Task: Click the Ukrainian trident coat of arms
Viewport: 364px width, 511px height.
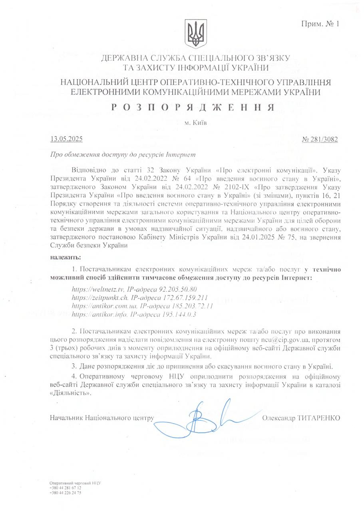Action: pos(195,35)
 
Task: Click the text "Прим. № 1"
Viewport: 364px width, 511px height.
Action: pos(320,24)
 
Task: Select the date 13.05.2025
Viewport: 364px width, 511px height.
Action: pos(66,140)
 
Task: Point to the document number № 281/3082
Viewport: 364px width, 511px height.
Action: pos(320,140)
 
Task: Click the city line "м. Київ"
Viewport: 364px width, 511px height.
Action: pos(196,123)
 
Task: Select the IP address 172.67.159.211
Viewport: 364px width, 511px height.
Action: pos(185,297)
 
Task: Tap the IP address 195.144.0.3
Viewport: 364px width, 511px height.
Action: pos(176,315)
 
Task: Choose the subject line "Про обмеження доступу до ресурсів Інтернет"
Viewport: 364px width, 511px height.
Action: pos(123,154)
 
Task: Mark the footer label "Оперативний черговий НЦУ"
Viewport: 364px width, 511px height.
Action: pos(74,483)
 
